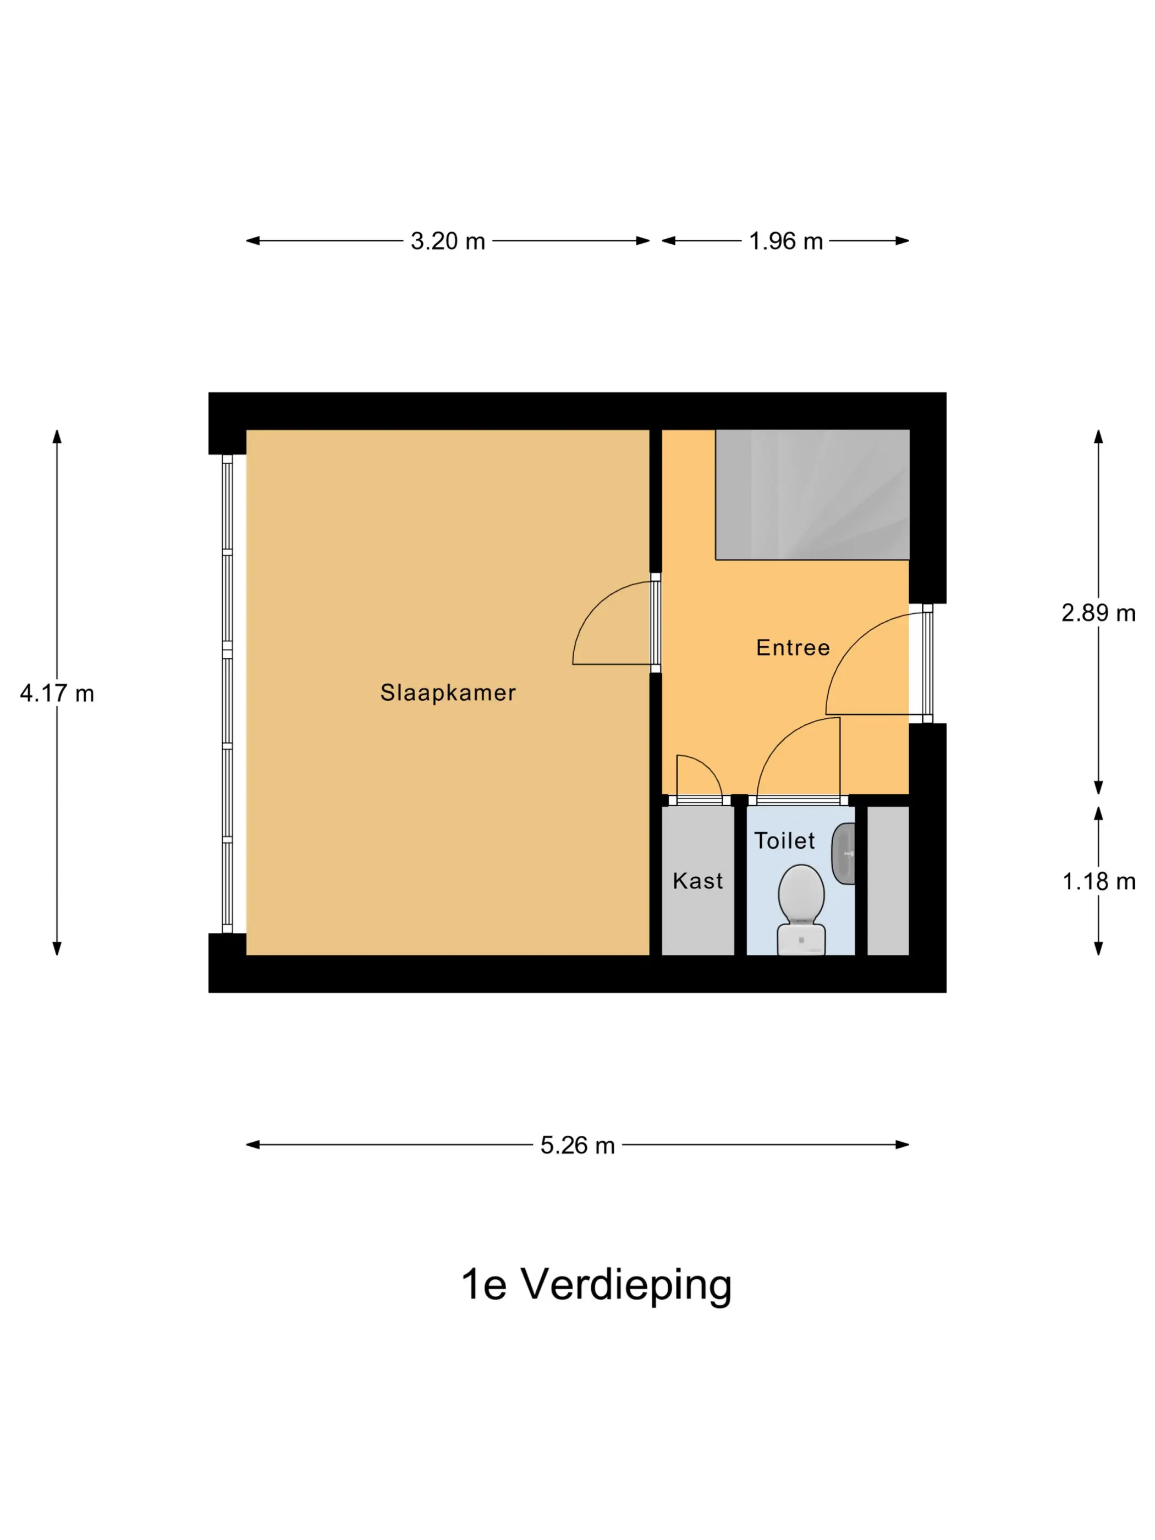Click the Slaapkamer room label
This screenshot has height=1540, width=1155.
point(448,692)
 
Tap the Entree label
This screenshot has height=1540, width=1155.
point(793,647)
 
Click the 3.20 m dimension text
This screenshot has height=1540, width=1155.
point(448,241)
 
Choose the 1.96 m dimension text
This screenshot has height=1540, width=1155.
point(786,241)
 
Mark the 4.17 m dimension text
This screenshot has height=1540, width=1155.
point(57,694)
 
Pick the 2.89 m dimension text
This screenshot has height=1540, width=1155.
point(1098,613)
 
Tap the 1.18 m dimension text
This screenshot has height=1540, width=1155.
point(1098,882)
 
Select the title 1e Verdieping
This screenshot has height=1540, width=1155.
point(597,1284)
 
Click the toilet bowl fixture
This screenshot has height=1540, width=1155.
point(801,909)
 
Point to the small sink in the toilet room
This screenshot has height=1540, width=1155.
point(844,854)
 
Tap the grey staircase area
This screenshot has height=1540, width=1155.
point(812,494)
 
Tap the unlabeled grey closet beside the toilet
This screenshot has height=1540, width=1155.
point(888,881)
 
